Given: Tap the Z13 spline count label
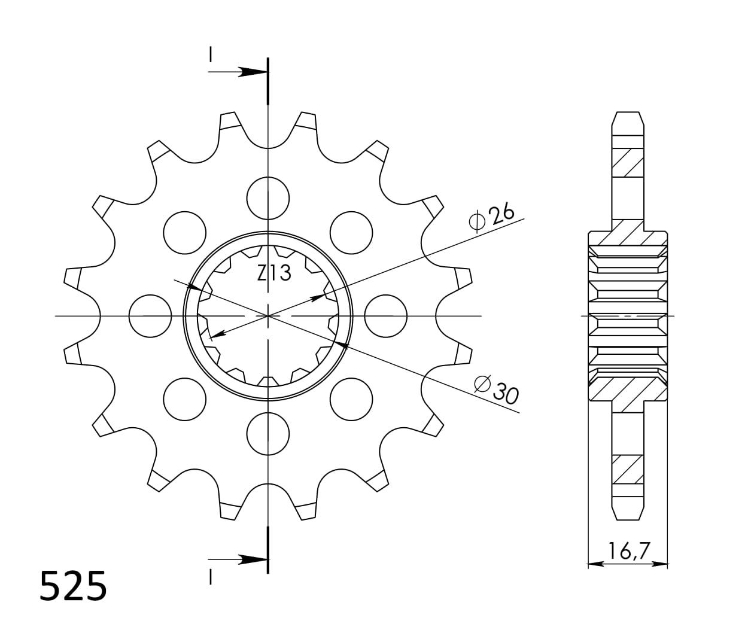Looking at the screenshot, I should click(x=274, y=273).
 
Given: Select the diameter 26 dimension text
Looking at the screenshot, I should click(x=492, y=217).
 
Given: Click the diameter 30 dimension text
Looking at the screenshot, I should click(x=496, y=389).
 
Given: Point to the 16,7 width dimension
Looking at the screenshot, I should click(x=628, y=550).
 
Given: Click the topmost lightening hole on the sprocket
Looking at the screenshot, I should click(x=268, y=198).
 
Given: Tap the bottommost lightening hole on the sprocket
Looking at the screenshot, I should click(x=268, y=433).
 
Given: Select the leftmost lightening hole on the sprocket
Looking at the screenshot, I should click(x=150, y=315).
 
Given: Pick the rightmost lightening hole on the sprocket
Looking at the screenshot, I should click(x=385, y=315).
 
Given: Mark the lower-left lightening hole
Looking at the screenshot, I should click(x=185, y=398).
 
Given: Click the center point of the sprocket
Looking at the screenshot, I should click(x=268, y=315).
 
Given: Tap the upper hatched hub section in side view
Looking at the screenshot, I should click(x=628, y=233).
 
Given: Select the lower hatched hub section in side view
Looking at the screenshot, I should click(x=628, y=392).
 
